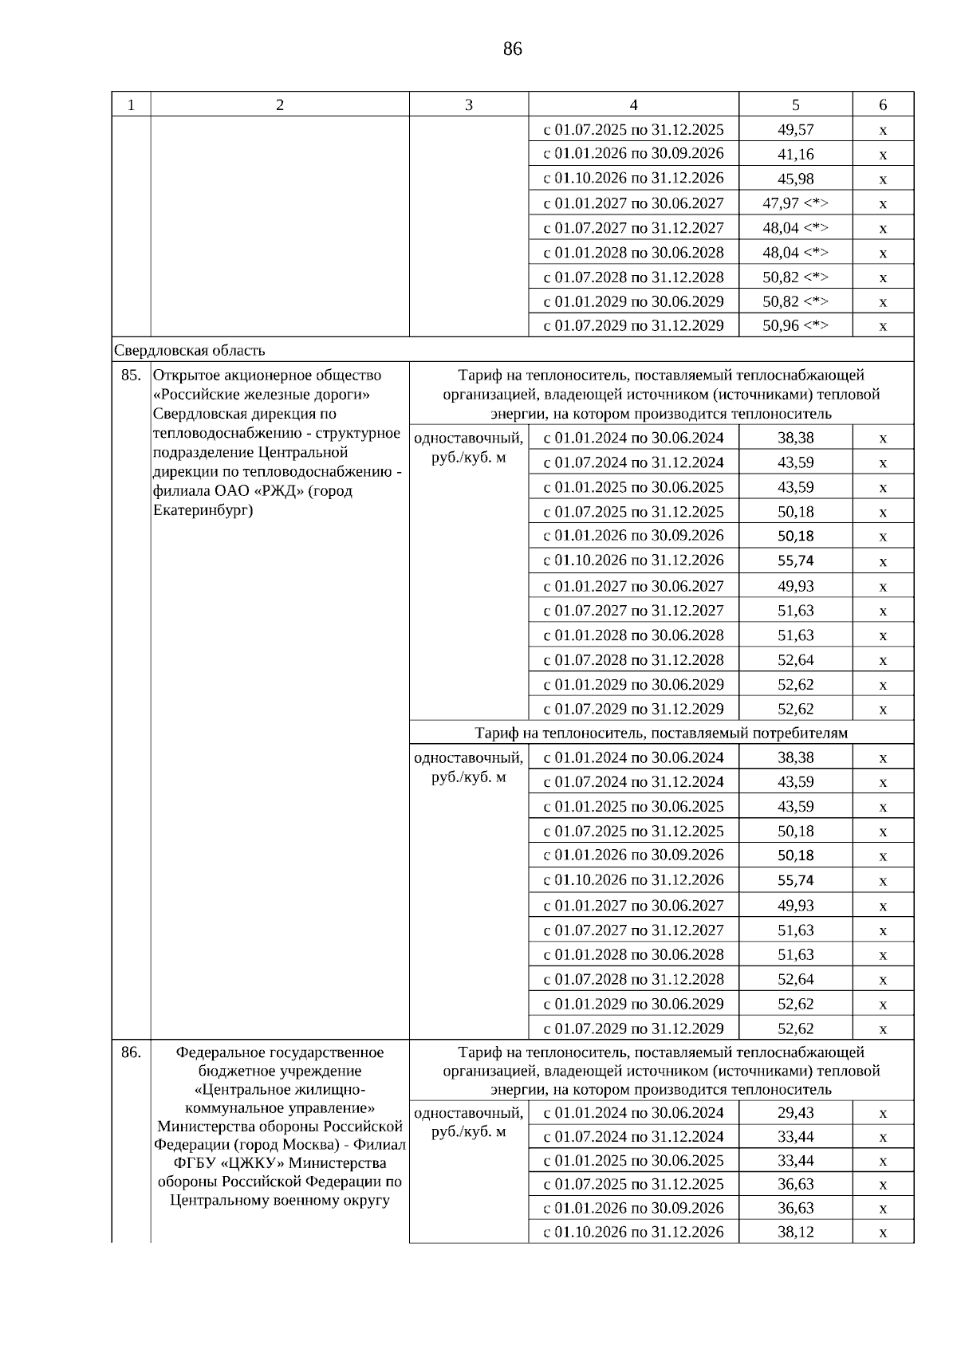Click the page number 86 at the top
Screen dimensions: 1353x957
512,49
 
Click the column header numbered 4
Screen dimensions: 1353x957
633,105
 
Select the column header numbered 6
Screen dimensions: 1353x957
883,105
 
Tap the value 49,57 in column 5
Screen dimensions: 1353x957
795,130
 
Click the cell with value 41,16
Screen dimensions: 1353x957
795,154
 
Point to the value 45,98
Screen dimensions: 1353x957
795,179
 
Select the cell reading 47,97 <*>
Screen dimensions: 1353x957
795,203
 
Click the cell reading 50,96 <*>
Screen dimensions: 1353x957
795,325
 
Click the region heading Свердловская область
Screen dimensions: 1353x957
190,351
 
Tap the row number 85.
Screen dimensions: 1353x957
131,376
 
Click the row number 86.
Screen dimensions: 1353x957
131,1052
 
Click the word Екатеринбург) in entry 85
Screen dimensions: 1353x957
203,510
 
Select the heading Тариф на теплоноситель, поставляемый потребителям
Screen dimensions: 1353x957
661,733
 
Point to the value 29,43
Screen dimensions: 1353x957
795,1113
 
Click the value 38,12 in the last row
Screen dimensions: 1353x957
795,1232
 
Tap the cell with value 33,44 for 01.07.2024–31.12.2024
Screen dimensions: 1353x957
795,1137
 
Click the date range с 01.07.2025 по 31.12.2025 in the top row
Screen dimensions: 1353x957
633,130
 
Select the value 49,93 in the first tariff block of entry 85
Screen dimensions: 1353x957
795,587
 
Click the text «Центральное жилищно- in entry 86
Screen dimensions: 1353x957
280,1090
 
